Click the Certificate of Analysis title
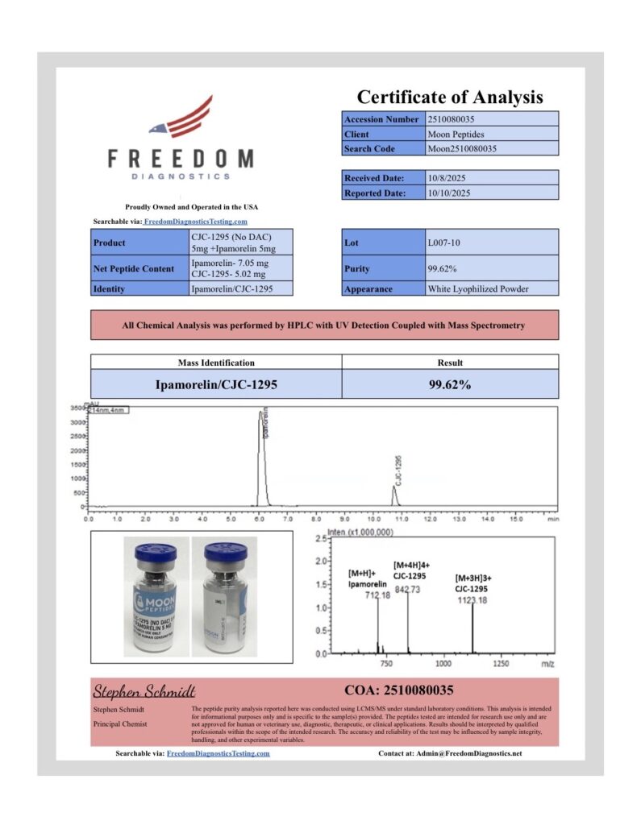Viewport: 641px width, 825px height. pos(450,97)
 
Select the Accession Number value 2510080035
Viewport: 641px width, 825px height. pos(457,119)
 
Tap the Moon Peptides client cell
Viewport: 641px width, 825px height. pos(456,134)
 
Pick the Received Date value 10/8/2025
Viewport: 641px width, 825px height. pos(448,178)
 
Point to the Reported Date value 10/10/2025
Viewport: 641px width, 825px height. pos(450,193)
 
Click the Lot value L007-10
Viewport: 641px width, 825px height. pos(445,242)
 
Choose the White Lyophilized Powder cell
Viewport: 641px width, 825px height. pos(478,288)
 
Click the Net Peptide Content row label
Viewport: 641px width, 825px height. pos(134,268)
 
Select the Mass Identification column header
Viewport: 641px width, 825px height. pos(215,363)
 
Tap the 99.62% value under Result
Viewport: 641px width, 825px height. pos(449,384)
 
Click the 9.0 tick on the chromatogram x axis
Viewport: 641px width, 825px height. pos(345,520)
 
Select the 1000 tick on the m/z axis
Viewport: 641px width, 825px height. pos(443,663)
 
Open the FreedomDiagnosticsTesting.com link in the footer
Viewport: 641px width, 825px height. pos(218,754)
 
